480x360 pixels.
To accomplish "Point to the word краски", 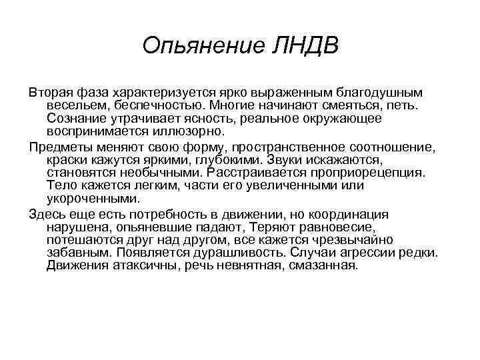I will click(x=66, y=159).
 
